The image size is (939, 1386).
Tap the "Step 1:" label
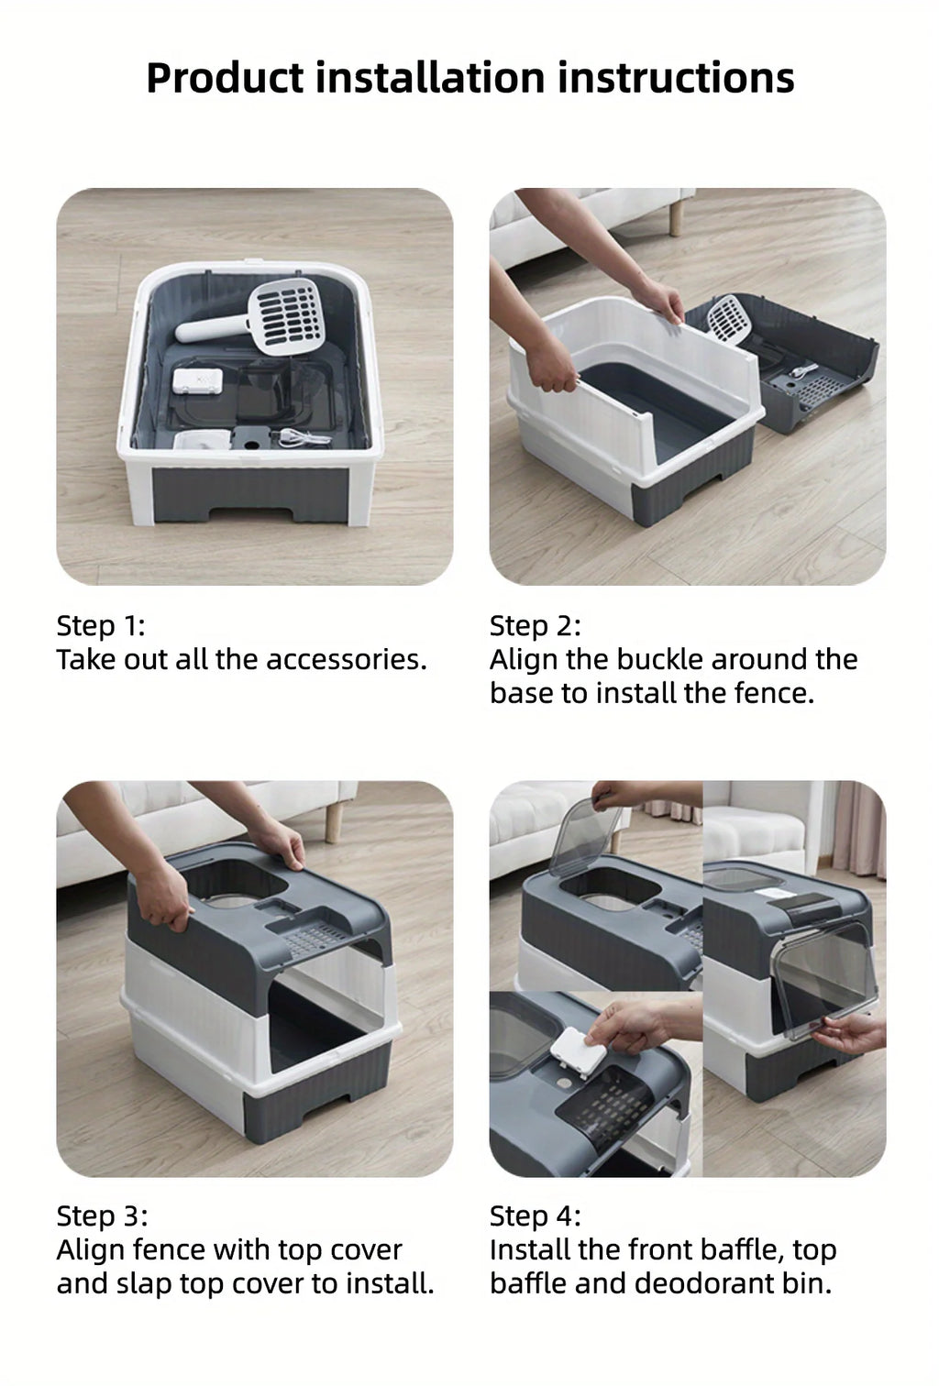tap(101, 626)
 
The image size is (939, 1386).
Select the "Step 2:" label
tap(535, 626)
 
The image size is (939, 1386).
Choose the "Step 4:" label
tap(536, 1216)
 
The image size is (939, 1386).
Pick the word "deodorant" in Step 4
tap(707, 1283)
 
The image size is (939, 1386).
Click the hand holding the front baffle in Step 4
tap(855, 1034)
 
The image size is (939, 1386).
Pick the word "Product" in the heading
tap(225, 78)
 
